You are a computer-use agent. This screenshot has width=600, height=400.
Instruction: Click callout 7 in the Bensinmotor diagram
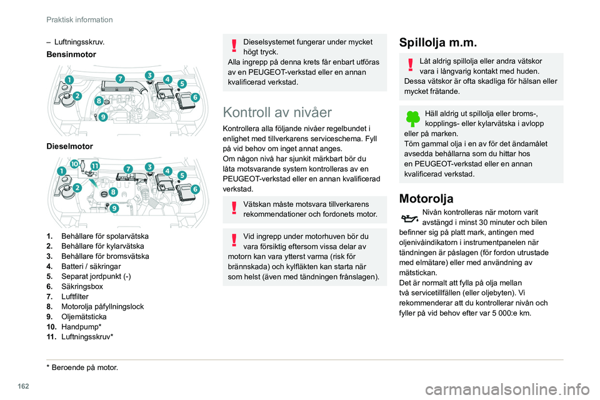[x=119, y=78]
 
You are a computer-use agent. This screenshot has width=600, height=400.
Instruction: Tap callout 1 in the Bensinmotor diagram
[x=67, y=80]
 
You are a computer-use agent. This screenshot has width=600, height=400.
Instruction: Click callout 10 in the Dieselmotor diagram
[x=75, y=164]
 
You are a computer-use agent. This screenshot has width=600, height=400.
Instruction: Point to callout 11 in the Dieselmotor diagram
[x=95, y=164]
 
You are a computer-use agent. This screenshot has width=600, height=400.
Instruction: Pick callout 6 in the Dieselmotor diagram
[x=195, y=189]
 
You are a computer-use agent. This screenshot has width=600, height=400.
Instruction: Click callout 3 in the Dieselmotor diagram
[x=150, y=166]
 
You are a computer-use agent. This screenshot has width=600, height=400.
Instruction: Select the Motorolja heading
[x=426, y=199]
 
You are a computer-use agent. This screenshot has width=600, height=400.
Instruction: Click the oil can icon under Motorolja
[x=409, y=219]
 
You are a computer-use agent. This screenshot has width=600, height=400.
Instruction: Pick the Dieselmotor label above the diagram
[x=70, y=146]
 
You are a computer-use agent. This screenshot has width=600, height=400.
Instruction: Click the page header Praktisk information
[x=79, y=19]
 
